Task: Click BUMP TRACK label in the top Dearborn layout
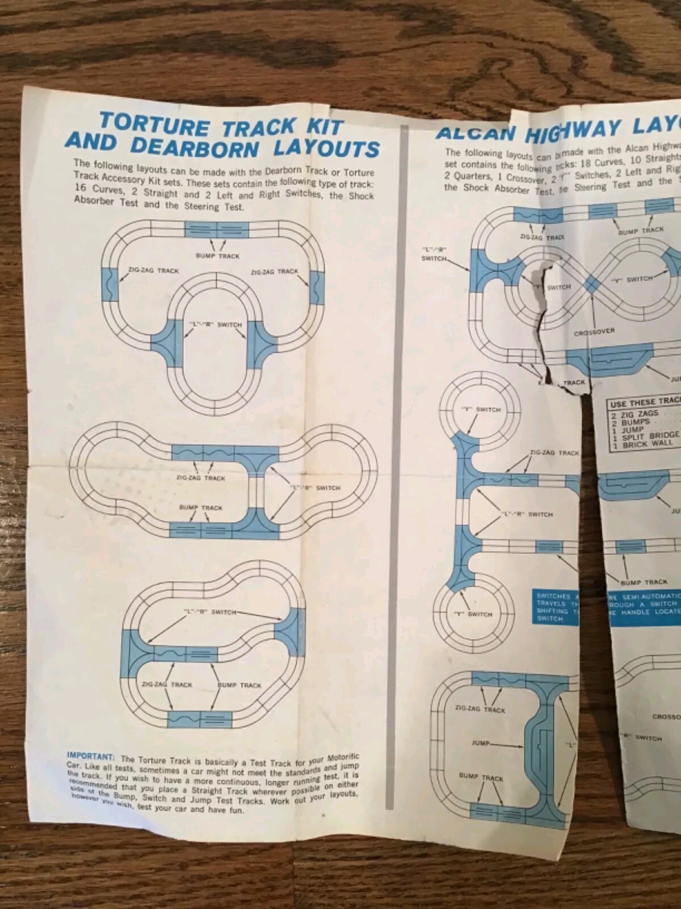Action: [x=217, y=256]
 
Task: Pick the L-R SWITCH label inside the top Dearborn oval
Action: [x=216, y=324]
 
